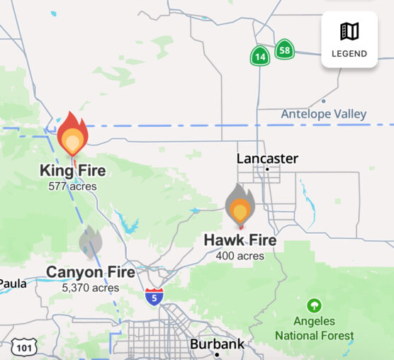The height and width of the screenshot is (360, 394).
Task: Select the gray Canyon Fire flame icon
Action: click(91, 243)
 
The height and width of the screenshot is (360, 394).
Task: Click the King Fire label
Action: click(72, 171)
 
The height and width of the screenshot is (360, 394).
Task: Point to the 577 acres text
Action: click(72, 186)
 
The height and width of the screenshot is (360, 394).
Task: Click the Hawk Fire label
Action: click(240, 240)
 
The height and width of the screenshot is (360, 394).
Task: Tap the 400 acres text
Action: click(240, 256)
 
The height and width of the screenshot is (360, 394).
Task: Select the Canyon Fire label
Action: click(91, 272)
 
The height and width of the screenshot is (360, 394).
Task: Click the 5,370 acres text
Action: click(91, 288)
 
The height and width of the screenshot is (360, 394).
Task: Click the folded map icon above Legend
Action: click(349, 31)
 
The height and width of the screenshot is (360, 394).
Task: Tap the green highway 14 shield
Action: click(259, 55)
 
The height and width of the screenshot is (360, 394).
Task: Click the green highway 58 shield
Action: click(284, 50)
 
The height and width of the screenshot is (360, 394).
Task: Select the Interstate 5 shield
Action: click(154, 297)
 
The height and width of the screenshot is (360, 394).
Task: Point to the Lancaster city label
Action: click(267, 158)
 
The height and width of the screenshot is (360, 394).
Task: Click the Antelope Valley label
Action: click(324, 114)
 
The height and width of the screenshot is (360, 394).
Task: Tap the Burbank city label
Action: click(217, 344)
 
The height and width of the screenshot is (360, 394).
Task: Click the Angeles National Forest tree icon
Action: click(313, 306)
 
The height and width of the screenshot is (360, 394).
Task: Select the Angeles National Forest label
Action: click(313, 328)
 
